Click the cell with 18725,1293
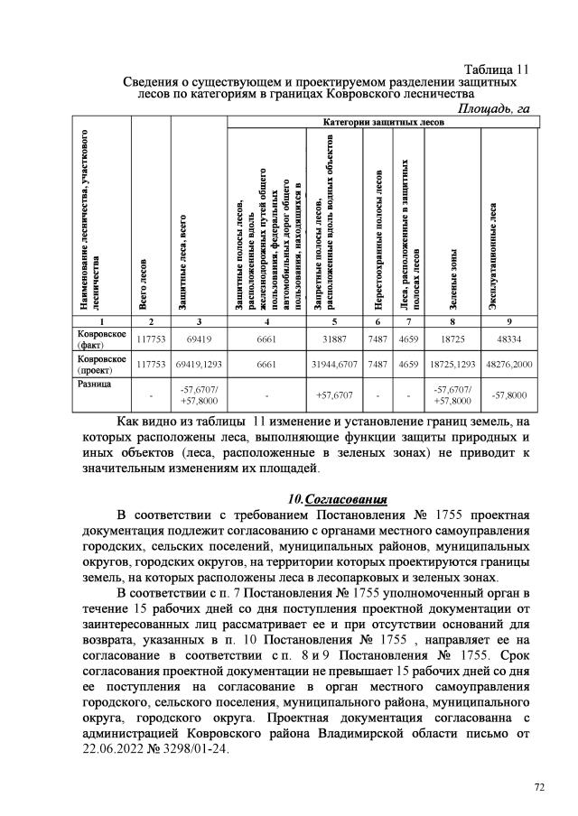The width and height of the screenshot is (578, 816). (x=453, y=366)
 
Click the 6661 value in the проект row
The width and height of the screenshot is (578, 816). (x=266, y=366)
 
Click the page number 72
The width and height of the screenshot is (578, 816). (x=539, y=788)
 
